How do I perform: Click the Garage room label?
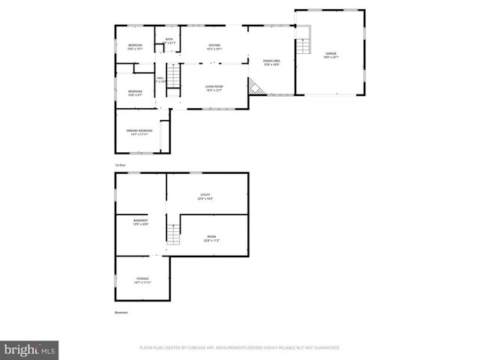(x=330, y=55)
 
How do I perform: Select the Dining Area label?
(x=271, y=62)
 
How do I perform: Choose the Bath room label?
(x=169, y=41)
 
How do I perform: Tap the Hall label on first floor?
(x=160, y=79)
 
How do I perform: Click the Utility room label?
(x=205, y=196)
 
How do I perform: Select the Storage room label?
(x=142, y=280)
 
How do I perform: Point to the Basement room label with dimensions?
(x=140, y=222)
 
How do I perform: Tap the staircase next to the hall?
(x=173, y=77)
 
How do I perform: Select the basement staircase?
(x=173, y=235)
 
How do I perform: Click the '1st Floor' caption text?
(x=119, y=164)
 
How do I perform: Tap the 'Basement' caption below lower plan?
(x=121, y=312)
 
